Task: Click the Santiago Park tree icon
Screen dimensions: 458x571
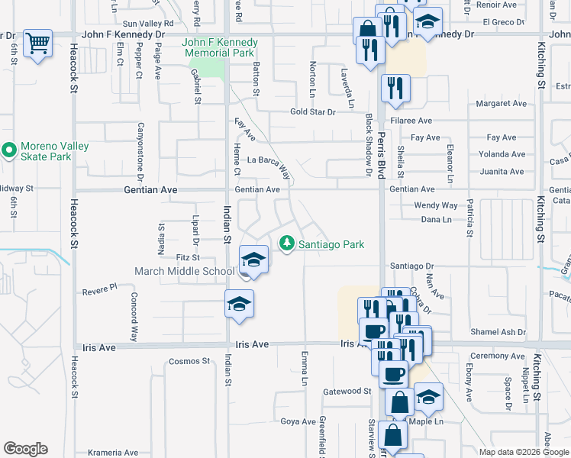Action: pos(287,244)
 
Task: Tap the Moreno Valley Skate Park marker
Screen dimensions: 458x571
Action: pos(9,150)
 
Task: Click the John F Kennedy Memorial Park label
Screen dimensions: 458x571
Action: pos(220,47)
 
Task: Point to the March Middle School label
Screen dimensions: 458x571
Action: pos(185,271)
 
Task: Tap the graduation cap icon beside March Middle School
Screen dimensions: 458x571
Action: pos(253,260)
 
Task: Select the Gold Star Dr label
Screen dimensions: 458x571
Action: pos(313,112)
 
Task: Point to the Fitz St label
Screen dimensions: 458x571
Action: pos(187,258)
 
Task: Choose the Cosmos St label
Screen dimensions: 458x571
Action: pos(184,360)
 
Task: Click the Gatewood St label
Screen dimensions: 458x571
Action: pos(347,391)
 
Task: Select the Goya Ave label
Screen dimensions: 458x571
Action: pos(298,421)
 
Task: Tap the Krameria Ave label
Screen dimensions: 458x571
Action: pos(113,452)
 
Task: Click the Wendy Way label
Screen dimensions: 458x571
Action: pos(436,205)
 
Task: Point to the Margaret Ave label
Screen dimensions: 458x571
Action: pos(502,104)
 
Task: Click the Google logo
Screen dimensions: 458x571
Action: pos(26,448)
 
